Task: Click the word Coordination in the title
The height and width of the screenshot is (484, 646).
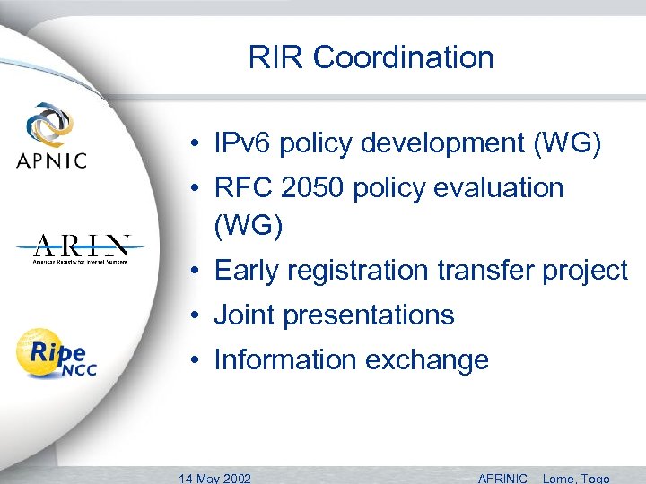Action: (404, 57)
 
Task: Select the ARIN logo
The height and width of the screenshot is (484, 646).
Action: (82, 248)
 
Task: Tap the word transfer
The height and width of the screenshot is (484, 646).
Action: (490, 270)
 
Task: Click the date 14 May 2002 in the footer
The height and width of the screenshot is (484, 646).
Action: (215, 478)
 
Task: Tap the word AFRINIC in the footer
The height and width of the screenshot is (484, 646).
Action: (503, 478)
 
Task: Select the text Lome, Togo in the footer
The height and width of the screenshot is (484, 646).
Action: (576, 478)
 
